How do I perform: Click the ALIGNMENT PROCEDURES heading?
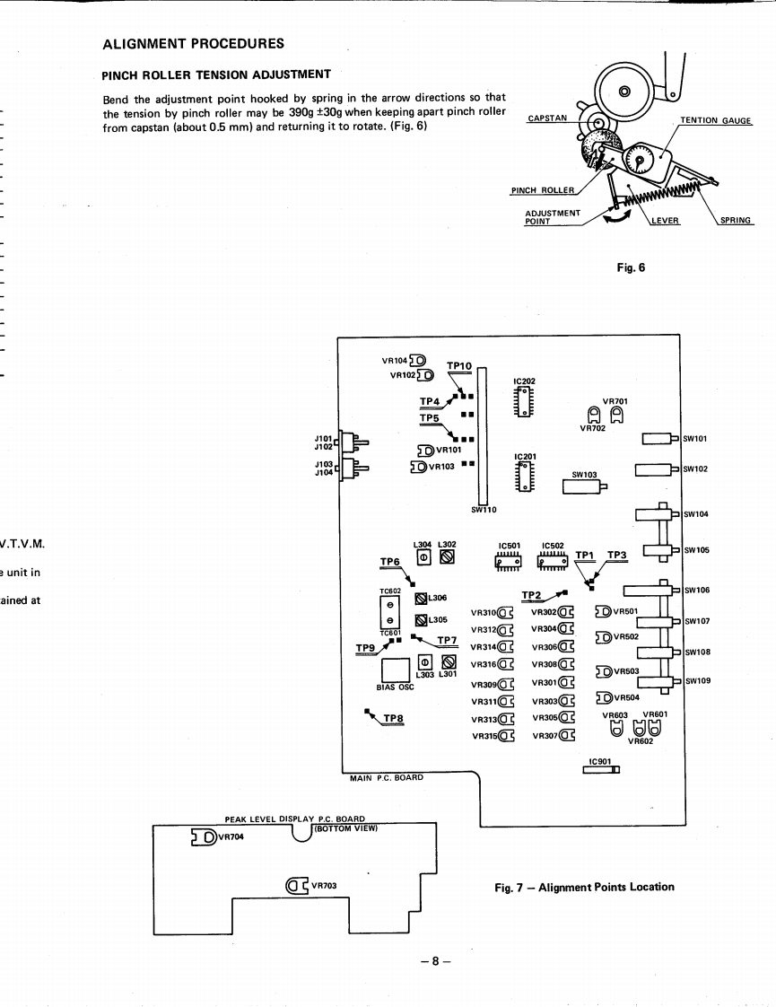(x=194, y=43)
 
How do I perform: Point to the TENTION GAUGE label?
(x=715, y=121)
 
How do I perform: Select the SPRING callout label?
(x=736, y=221)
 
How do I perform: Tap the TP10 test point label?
(x=458, y=365)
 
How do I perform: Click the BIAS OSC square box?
(x=396, y=670)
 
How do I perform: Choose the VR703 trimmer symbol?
(x=297, y=886)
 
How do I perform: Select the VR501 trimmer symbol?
(x=603, y=612)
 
